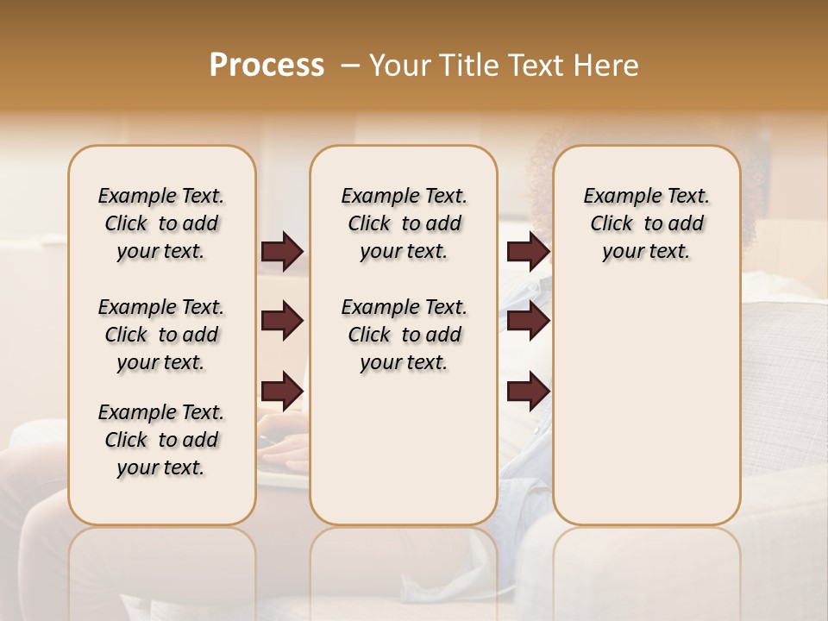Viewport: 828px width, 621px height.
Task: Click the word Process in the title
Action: click(267, 66)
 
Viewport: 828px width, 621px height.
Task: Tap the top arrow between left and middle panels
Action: click(282, 251)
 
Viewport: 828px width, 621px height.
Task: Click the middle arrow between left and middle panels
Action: click(282, 321)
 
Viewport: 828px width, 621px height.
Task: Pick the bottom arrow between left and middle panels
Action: click(282, 391)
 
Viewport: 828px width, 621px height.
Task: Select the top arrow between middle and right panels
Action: click(528, 251)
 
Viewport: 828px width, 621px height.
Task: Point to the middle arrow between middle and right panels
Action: click(528, 321)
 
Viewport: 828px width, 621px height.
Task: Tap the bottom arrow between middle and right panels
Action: click(528, 391)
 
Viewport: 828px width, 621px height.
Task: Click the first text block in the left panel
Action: click(161, 223)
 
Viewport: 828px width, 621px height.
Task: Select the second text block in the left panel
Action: click(161, 335)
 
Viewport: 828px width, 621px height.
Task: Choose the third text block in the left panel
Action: click(161, 440)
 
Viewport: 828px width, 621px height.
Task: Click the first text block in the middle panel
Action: click(404, 223)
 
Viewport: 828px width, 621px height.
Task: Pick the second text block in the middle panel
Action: click(404, 335)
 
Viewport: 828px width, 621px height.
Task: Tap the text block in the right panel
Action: click(647, 223)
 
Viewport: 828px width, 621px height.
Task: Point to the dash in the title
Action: click(349, 66)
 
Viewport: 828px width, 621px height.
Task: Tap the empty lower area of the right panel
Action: click(647, 414)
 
